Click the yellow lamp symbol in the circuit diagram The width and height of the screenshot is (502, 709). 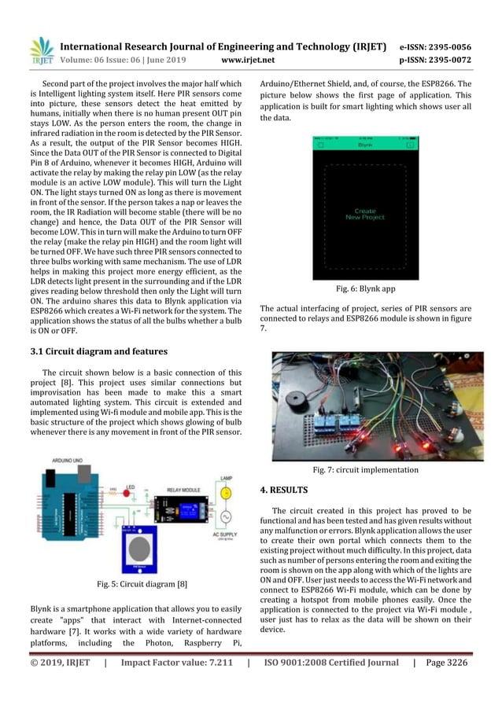click(x=226, y=493)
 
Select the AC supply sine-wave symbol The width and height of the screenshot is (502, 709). click(x=226, y=519)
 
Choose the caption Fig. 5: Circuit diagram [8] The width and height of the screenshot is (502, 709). click(x=135, y=583)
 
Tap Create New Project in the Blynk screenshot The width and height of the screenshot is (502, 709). click(x=364, y=214)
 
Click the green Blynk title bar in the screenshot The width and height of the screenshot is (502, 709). click(x=364, y=145)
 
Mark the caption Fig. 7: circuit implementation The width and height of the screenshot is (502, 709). click(x=365, y=470)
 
